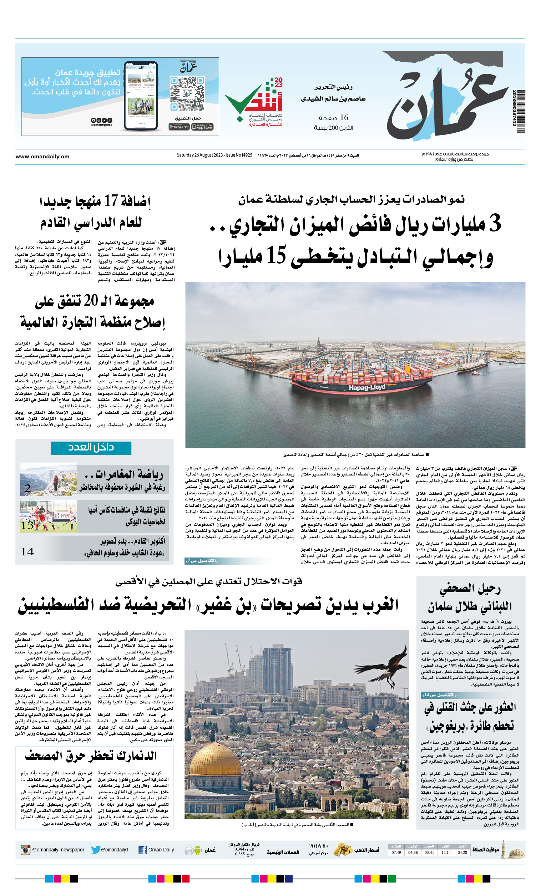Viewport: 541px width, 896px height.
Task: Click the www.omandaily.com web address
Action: click(x=42, y=156)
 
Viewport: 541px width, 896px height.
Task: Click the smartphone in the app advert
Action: click(x=141, y=96)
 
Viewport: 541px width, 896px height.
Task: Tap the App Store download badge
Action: click(x=203, y=127)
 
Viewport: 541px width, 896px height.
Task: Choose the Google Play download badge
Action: click(x=179, y=127)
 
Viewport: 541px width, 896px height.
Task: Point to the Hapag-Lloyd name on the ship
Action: click(x=367, y=387)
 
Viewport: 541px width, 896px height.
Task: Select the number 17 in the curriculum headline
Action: click(x=111, y=200)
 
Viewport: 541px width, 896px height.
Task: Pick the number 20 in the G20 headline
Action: click(x=91, y=300)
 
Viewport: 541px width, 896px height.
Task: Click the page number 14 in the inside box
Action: click(x=27, y=552)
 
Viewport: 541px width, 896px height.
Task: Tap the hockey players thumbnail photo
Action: click(x=48, y=516)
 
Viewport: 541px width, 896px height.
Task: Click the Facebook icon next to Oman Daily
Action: click(x=142, y=850)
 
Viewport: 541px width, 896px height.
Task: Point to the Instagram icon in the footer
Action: click(x=25, y=850)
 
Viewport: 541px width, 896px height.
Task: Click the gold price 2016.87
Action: click(x=318, y=846)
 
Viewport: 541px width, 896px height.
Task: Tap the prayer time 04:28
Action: click(x=462, y=852)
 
